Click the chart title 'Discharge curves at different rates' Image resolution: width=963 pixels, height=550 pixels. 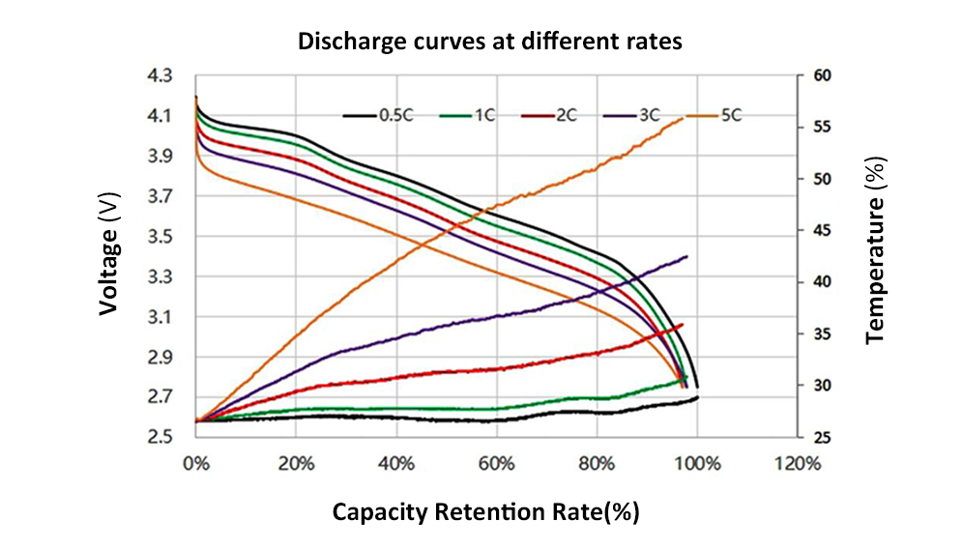point(489,42)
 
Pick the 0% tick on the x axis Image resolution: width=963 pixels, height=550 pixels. point(196,463)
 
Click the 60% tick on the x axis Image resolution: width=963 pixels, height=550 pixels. point(496,463)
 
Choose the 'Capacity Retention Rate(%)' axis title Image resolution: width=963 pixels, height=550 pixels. point(485,511)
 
